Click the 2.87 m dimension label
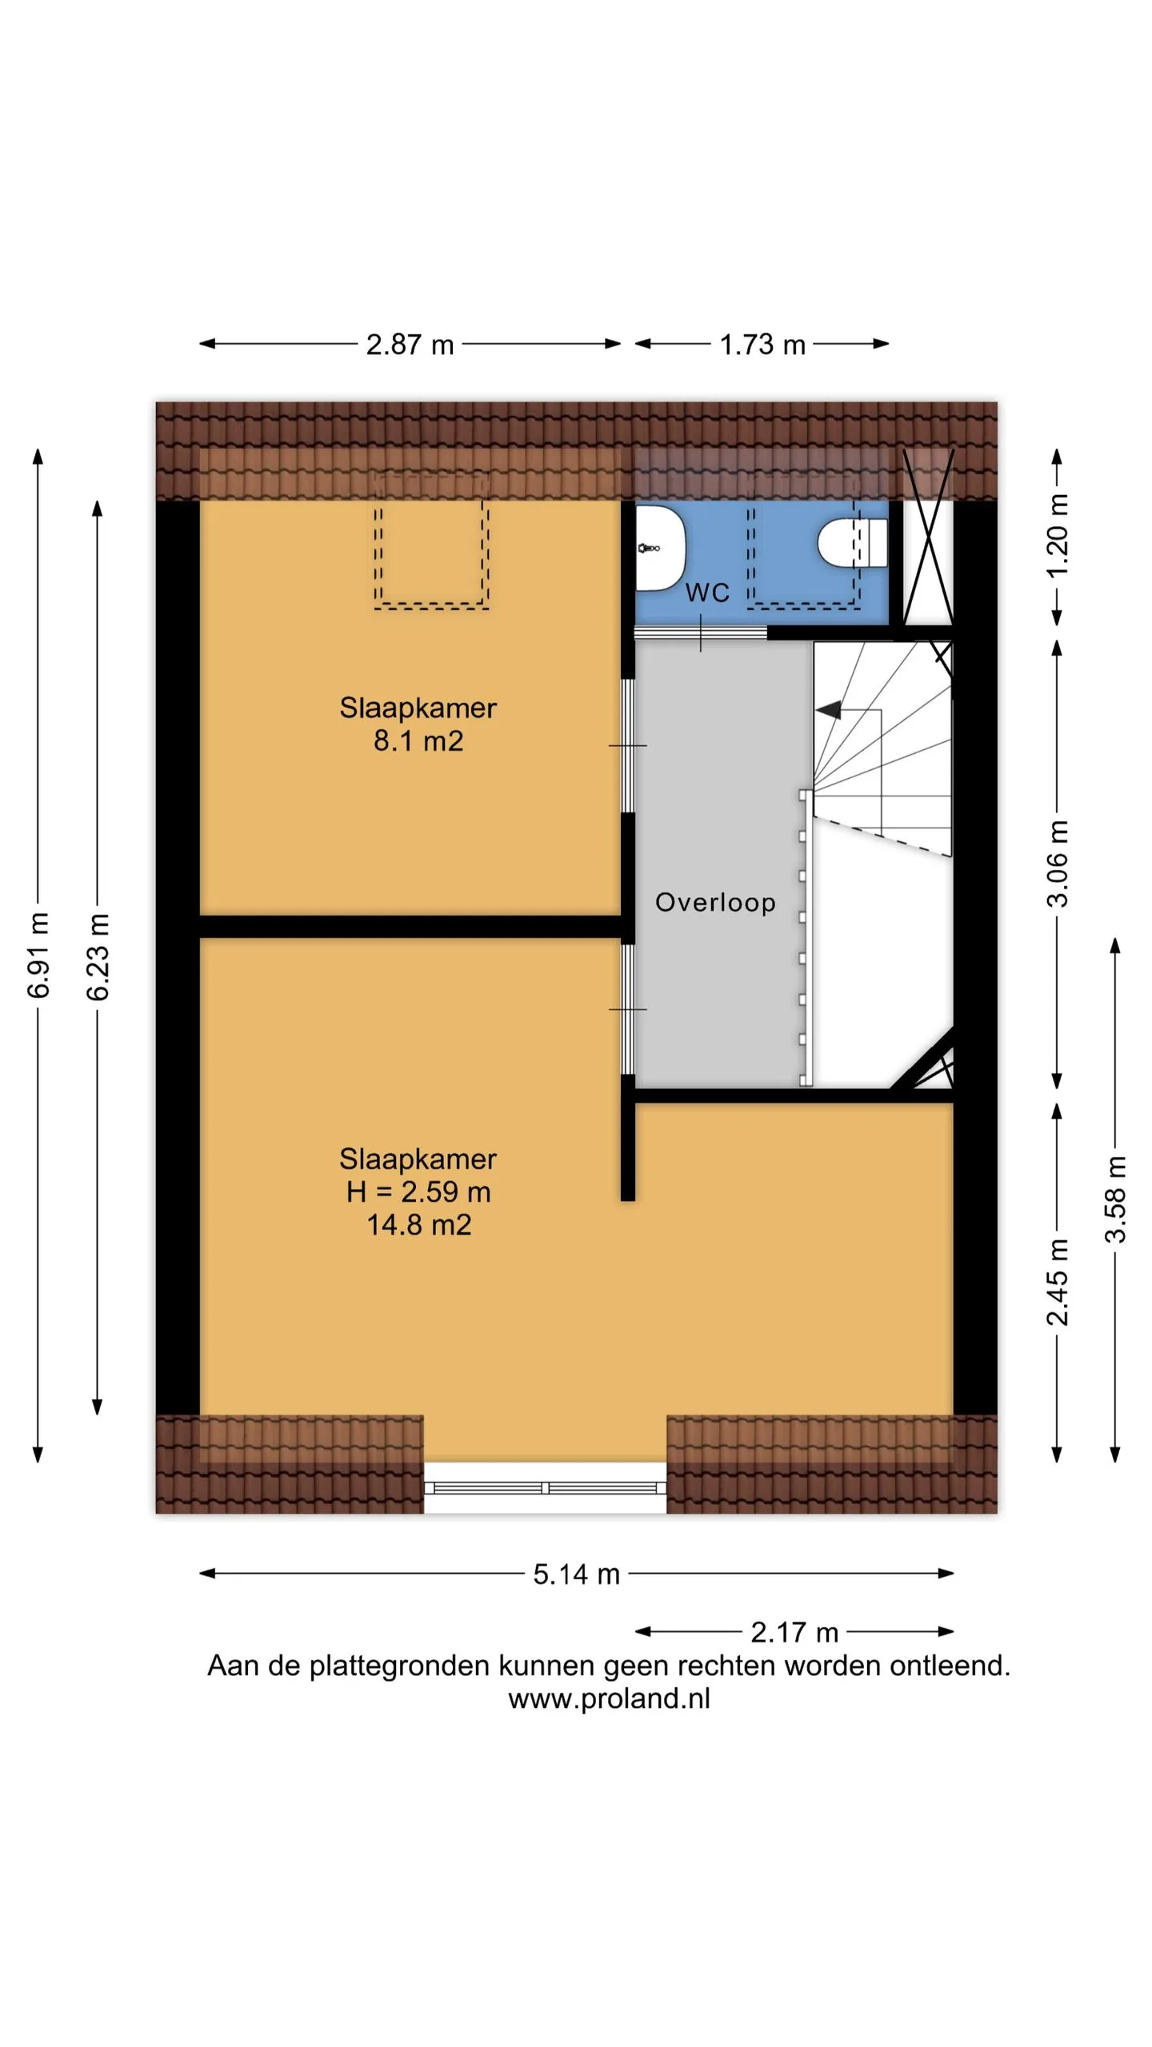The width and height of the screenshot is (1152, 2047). point(410,345)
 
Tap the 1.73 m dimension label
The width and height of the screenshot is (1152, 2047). point(762,345)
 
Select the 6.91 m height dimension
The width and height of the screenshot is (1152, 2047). point(38,955)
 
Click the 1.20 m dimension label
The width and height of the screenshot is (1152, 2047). point(1058,535)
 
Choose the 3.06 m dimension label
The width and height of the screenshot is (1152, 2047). point(1058,864)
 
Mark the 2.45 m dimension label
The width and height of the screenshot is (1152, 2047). point(1058,1282)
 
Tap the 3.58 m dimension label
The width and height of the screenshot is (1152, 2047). point(1116,1199)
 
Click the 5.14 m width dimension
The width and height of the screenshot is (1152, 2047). point(577,1574)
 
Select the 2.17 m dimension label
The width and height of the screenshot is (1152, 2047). point(794,1632)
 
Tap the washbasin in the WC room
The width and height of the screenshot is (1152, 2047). point(661,548)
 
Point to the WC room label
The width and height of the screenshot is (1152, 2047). point(708,593)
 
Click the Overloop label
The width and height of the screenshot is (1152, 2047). point(715,902)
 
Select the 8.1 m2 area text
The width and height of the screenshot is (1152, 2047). point(418,741)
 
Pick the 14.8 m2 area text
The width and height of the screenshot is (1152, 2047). point(418,1225)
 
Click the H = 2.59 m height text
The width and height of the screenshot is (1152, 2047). point(418,1192)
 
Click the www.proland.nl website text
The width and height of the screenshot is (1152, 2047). point(609,1698)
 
